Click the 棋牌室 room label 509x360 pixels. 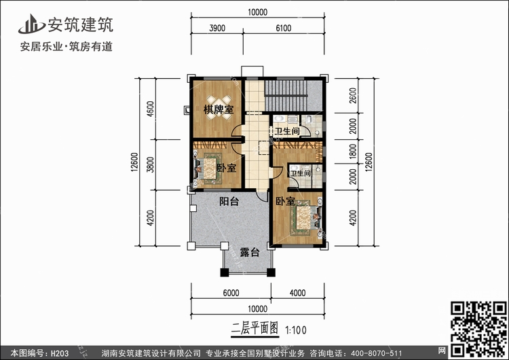tap(218, 109)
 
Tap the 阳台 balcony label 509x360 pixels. tap(229, 202)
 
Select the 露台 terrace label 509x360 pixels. tap(250, 252)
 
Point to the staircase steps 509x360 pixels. tap(286, 96)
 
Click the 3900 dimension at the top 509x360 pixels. tap(217, 29)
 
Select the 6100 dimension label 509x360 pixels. tap(284, 29)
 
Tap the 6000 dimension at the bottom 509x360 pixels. tap(231, 293)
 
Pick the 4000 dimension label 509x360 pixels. tap(297, 293)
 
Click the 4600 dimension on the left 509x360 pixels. tap(150, 109)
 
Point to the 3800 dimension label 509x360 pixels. tap(150, 164)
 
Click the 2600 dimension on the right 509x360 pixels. tap(353, 96)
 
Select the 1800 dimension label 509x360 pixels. tap(353, 151)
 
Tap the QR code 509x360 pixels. tap(479, 329)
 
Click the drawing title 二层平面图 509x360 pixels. tap(254, 329)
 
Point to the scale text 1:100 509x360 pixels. tap(295, 330)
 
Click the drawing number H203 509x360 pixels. tap(60, 353)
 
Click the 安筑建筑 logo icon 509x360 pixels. tap(31, 24)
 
